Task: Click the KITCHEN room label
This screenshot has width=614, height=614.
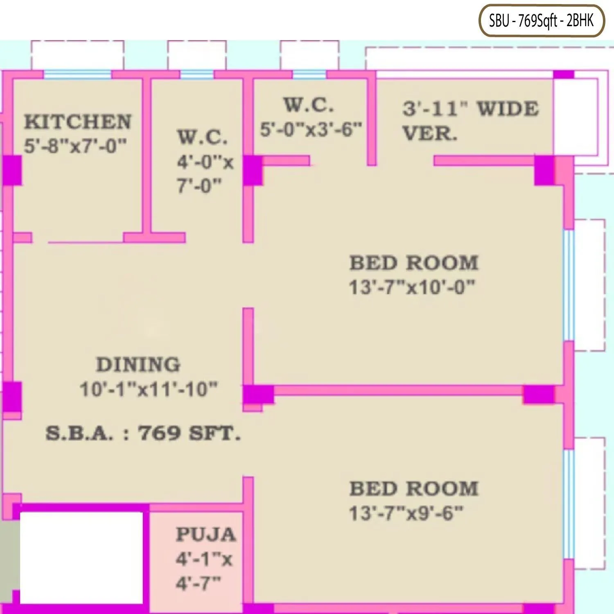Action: point(78,122)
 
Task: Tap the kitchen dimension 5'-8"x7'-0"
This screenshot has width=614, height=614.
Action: point(75,146)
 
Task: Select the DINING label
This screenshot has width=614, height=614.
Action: point(138,365)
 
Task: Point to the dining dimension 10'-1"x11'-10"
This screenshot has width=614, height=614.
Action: point(149,389)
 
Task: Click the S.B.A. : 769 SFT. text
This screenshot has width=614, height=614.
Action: point(143,433)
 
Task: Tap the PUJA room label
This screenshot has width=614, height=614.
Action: point(206,534)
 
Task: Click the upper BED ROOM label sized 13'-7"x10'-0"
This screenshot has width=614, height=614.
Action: point(414,263)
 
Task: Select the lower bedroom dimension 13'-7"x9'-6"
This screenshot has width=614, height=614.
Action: point(406,513)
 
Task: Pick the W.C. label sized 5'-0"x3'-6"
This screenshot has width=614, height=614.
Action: point(309,105)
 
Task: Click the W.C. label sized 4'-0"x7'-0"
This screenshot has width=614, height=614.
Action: point(203,137)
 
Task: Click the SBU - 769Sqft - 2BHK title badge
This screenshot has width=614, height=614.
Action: point(541,20)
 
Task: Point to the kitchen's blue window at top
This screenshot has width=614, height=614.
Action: point(77,75)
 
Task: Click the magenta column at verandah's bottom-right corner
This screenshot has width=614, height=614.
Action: point(545,170)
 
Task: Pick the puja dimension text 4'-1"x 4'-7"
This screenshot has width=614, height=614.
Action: point(204,571)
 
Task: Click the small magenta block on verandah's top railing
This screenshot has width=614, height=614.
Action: point(564,74)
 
